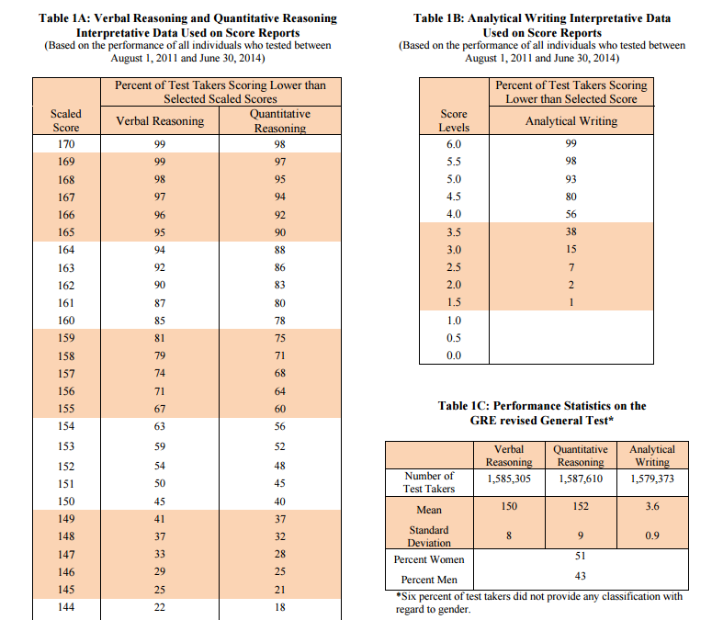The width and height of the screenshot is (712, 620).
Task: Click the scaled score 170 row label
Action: pyautogui.click(x=66, y=144)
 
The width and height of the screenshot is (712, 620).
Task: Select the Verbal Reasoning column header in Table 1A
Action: pyautogui.click(x=160, y=121)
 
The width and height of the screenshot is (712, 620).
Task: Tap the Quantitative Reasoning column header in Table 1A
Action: pyautogui.click(x=280, y=121)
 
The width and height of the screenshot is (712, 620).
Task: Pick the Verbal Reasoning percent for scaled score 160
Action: pyautogui.click(x=161, y=321)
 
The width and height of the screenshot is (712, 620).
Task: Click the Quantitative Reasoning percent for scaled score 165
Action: pyautogui.click(x=280, y=232)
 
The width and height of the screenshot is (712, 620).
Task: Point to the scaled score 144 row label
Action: pyautogui.click(x=66, y=607)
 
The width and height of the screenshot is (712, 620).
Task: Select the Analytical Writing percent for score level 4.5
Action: pyautogui.click(x=571, y=197)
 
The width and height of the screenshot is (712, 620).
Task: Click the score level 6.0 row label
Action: pyautogui.click(x=454, y=144)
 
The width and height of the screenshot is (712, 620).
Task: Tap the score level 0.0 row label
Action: pyautogui.click(x=454, y=355)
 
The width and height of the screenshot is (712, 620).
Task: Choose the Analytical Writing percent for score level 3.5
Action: pyautogui.click(x=571, y=232)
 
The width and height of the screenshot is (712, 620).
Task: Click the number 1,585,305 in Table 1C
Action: pyautogui.click(x=508, y=479)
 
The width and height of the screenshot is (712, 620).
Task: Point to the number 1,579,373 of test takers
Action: pyautogui.click(x=651, y=479)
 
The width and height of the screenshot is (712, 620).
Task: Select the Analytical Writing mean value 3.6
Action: pyautogui.click(x=651, y=507)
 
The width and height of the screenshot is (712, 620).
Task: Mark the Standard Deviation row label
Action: pyautogui.click(x=428, y=536)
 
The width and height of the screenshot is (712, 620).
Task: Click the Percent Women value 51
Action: pyautogui.click(x=580, y=557)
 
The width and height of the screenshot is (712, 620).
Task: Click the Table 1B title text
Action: pyautogui.click(x=542, y=25)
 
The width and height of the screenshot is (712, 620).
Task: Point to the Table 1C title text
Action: pyautogui.click(x=542, y=412)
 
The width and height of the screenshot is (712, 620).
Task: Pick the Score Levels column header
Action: pyautogui.click(x=454, y=121)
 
